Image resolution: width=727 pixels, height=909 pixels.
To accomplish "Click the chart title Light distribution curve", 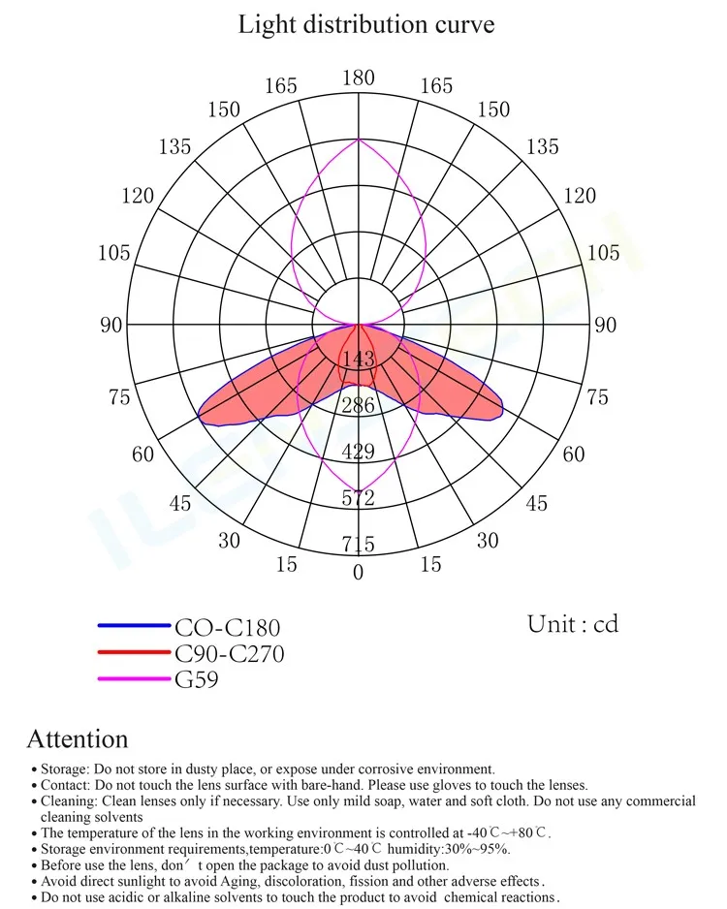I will (x=365, y=24).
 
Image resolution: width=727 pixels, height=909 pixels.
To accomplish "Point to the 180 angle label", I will (x=359, y=78).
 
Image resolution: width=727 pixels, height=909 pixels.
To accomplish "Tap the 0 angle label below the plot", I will (x=359, y=573).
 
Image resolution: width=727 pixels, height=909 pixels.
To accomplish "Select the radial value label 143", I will (x=359, y=360).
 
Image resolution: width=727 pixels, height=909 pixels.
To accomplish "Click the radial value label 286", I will (x=359, y=406).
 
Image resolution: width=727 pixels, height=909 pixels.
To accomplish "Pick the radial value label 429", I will (x=359, y=452).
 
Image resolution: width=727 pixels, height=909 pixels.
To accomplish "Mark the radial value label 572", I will (x=359, y=498).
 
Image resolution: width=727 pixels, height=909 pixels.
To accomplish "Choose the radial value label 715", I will (x=359, y=545).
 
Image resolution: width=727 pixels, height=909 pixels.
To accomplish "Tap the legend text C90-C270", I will (x=229, y=654).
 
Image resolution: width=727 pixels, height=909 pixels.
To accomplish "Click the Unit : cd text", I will (x=573, y=624).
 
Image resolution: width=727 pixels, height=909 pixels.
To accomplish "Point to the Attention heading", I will (x=77, y=739).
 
